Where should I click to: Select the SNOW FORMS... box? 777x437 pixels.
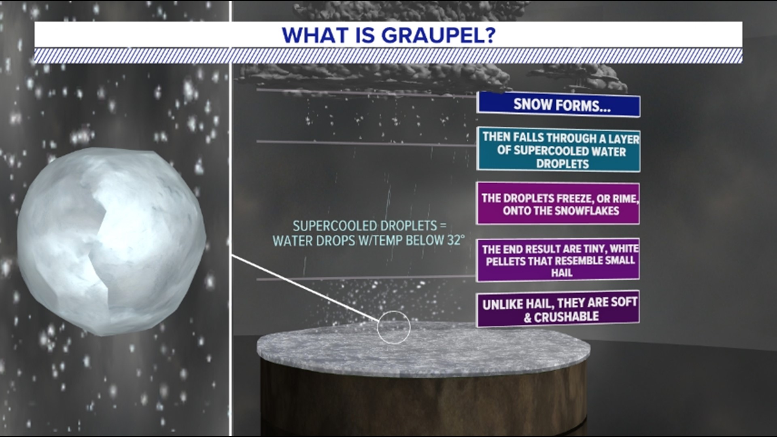[x=558, y=104]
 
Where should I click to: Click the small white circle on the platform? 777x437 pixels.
[x=394, y=327]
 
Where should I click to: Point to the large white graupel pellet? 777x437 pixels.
[x=111, y=241]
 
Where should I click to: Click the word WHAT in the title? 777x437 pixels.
[x=310, y=35]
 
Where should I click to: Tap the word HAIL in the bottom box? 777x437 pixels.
[x=535, y=303]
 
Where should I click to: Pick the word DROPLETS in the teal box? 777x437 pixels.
[x=563, y=163]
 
